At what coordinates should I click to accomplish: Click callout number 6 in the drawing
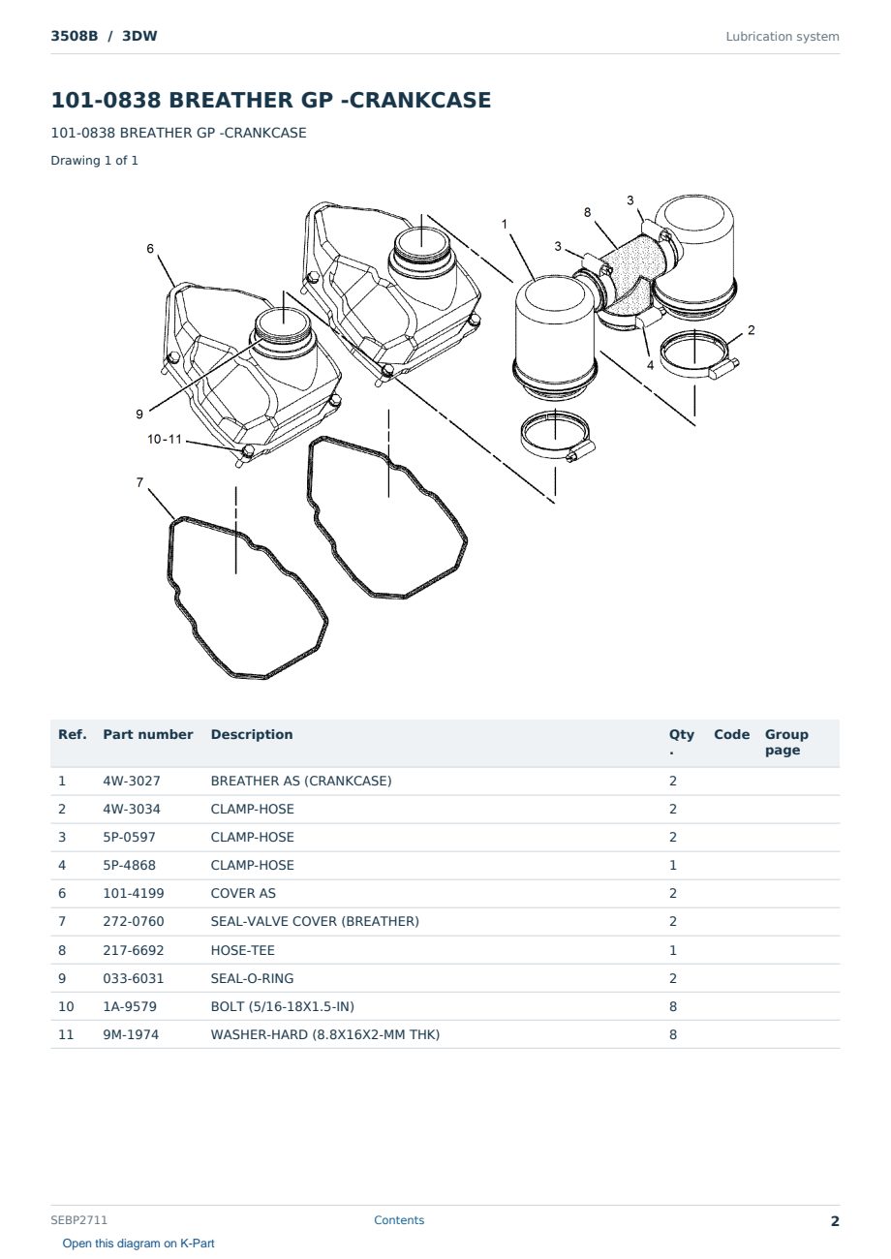(x=150, y=249)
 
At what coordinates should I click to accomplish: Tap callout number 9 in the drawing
(x=139, y=415)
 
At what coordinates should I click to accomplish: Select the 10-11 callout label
(x=165, y=439)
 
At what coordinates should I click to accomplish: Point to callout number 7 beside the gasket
(x=140, y=482)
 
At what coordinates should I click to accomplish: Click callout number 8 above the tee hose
(x=588, y=212)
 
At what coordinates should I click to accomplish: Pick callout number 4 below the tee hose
(x=651, y=365)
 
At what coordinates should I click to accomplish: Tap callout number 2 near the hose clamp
(x=752, y=330)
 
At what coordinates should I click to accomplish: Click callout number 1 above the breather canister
(x=505, y=225)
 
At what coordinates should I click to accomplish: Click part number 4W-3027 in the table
(x=132, y=781)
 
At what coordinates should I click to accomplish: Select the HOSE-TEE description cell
(x=243, y=950)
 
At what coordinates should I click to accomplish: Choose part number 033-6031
(x=134, y=978)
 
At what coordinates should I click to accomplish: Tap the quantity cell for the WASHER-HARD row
(x=673, y=1034)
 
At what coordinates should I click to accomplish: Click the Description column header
(x=252, y=734)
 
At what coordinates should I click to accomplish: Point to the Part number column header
(x=148, y=734)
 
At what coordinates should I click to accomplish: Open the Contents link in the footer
(x=399, y=1219)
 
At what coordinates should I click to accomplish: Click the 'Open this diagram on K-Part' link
(x=138, y=1244)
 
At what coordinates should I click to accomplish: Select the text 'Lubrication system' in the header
(x=783, y=37)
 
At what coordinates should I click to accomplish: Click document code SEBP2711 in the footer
(x=78, y=1219)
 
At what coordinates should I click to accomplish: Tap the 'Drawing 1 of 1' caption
(x=95, y=160)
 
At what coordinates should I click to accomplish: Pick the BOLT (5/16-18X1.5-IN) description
(x=283, y=1006)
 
